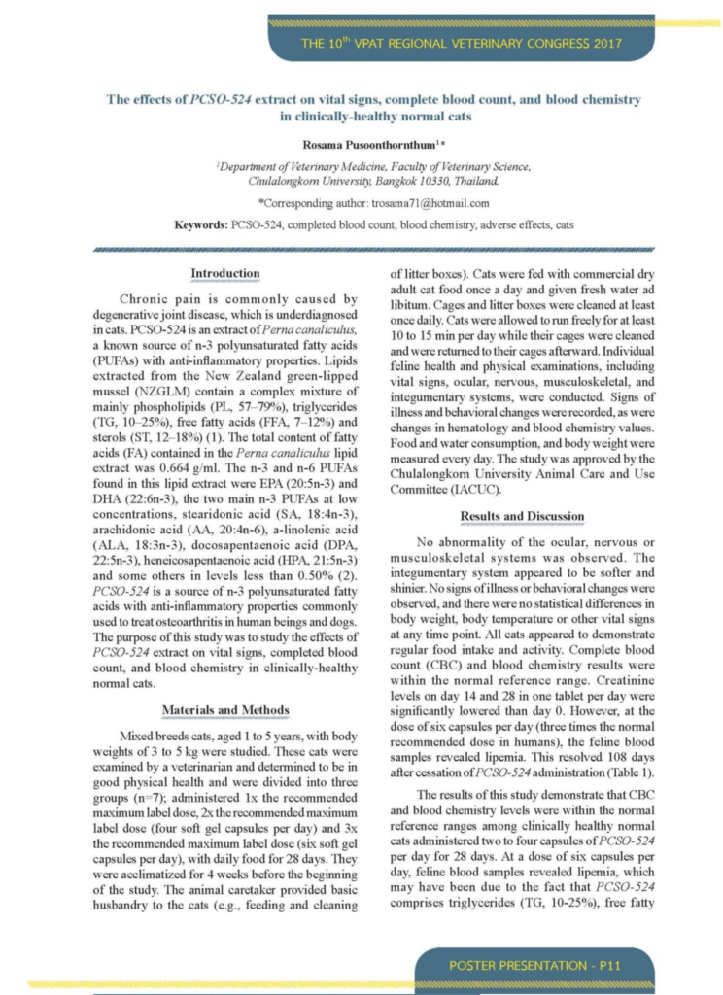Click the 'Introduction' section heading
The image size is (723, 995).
pyautogui.click(x=224, y=273)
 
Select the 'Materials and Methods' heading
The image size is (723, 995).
pyautogui.click(x=224, y=709)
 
